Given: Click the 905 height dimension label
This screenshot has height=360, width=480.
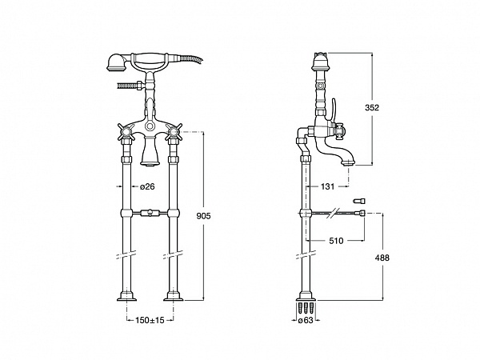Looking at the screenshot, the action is pyautogui.click(x=203, y=216).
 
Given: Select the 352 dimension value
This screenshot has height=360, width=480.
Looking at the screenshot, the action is pyautogui.click(x=372, y=107).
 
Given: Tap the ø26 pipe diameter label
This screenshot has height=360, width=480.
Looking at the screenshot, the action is pyautogui.click(x=147, y=186).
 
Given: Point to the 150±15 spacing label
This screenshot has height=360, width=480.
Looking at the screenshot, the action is pyautogui.click(x=150, y=320).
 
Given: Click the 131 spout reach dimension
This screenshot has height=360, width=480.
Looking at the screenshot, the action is pyautogui.click(x=327, y=186).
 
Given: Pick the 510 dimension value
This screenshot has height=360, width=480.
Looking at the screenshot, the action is pyautogui.click(x=336, y=241).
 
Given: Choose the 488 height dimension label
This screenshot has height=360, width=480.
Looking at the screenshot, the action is pyautogui.click(x=382, y=258).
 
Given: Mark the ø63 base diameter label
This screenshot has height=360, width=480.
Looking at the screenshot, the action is pyautogui.click(x=306, y=321).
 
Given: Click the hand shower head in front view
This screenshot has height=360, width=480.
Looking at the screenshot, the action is pyautogui.click(x=116, y=63).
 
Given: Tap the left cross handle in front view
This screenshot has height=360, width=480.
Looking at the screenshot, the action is pyautogui.click(x=125, y=132).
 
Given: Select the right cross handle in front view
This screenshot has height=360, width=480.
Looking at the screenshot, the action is pyautogui.click(x=174, y=132).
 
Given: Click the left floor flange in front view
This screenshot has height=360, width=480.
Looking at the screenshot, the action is pyautogui.click(x=126, y=296).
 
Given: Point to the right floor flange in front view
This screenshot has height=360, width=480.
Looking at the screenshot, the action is pyautogui.click(x=174, y=296).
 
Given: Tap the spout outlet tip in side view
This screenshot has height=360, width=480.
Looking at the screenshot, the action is pyautogui.click(x=348, y=163).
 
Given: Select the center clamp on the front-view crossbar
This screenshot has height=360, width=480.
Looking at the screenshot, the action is pyautogui.click(x=150, y=213).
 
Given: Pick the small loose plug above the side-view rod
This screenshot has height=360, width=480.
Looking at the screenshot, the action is pyautogui.click(x=359, y=201).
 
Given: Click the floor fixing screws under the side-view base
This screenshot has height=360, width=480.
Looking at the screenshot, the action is pyautogui.click(x=306, y=308).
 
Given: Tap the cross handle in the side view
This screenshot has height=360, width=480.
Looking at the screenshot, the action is pyautogui.click(x=341, y=132).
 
